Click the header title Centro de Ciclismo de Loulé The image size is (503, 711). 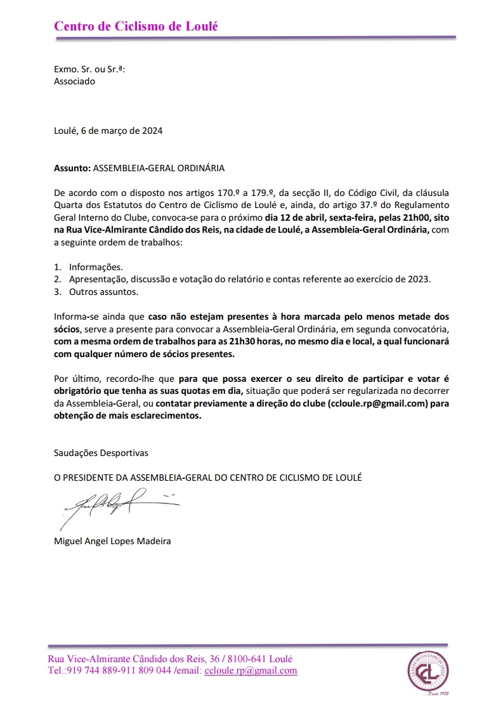tap(136, 26)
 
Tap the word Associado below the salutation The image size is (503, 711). tap(74, 81)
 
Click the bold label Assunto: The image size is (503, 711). tap(72, 169)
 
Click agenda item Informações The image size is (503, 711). tap(96, 267)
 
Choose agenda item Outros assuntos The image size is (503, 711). tap(103, 292)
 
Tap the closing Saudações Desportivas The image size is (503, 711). tap(101, 453)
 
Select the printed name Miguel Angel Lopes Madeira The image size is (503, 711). tap(112, 541)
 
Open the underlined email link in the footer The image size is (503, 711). tap(251, 670)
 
